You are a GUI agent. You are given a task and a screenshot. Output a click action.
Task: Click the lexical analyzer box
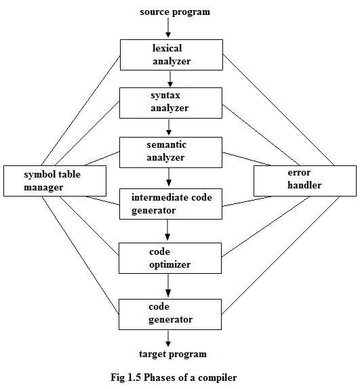click(x=171, y=55)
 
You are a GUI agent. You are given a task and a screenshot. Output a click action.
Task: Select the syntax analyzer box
click(x=171, y=102)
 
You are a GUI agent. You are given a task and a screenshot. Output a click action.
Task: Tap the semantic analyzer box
click(x=171, y=152)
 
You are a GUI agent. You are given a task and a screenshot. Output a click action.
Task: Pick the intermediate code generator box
click(x=171, y=204)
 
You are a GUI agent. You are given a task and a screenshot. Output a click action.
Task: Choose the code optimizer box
click(x=171, y=258)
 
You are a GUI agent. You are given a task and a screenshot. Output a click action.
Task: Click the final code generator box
click(x=171, y=313)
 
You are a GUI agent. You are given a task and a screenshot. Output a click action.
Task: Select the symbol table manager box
click(x=54, y=181)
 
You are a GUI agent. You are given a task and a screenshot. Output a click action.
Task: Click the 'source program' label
click(x=175, y=12)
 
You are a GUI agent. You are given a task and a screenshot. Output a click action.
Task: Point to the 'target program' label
click(x=173, y=354)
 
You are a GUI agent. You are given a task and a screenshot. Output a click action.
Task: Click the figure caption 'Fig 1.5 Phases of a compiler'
click(x=174, y=377)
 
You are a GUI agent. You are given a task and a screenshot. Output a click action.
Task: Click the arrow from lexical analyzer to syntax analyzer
click(x=169, y=79)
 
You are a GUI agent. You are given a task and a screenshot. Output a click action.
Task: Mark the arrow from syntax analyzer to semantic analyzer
click(x=169, y=127)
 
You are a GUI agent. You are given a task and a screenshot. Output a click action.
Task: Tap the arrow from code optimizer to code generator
click(x=169, y=286)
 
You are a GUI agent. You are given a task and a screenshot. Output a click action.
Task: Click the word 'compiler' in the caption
click(x=217, y=377)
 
